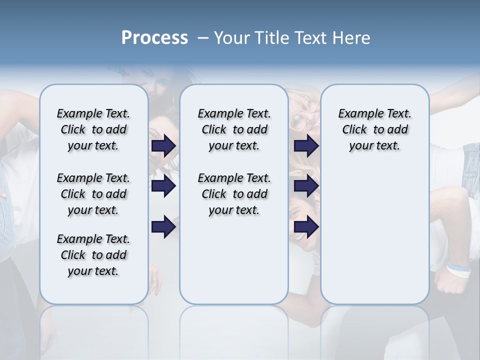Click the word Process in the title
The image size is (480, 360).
pos(154,38)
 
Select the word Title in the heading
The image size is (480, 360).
pos(269,38)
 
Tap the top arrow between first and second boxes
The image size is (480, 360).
pos(163,145)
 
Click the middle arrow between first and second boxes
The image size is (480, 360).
pos(163,186)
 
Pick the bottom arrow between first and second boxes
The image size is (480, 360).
pos(163,227)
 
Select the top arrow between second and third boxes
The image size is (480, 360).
pos(306,145)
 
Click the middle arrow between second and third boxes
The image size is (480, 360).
pos(306,186)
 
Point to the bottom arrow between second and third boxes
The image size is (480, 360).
pos(306,227)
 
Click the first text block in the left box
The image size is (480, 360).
pos(93,129)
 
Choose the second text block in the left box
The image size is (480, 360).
pos(93,194)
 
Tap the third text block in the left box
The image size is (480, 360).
pos(93,255)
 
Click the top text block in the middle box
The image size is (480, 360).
pos(234,129)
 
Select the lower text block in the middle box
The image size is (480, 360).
pos(234,194)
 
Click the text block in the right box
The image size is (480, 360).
pos(374,129)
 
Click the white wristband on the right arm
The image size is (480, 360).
pos(458,269)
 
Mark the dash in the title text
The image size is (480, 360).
pos(203,38)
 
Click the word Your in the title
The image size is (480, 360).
pos(232,38)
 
